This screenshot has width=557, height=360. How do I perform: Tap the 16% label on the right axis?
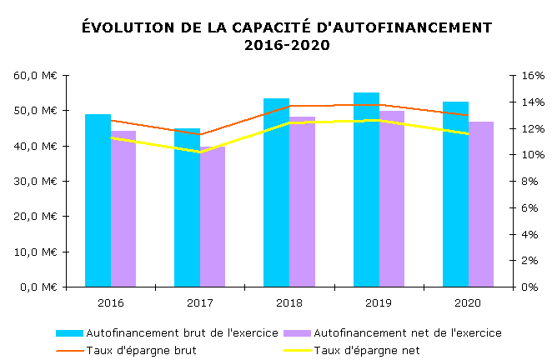533,75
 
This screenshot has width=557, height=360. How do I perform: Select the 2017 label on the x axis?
200,302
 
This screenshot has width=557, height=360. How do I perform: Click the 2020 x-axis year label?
468,302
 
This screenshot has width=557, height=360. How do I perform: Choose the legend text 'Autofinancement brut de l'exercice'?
183,333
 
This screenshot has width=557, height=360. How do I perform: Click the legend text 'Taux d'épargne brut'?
141,350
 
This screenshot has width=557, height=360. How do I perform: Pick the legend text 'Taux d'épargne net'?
367,350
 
